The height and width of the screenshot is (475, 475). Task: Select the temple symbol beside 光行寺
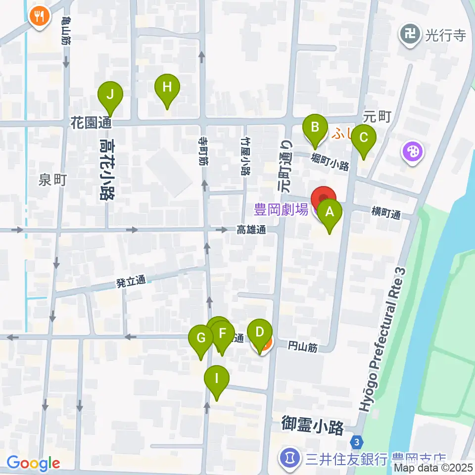(x=410, y=35)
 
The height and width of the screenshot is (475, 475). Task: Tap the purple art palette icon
(x=412, y=150)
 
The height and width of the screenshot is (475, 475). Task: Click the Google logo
(x=33, y=464)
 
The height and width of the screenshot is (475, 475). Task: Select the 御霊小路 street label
(x=312, y=425)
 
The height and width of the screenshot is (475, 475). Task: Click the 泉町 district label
(x=52, y=181)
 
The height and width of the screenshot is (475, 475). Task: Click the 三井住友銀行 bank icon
(x=289, y=458)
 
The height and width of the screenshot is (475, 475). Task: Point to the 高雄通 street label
(x=251, y=230)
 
